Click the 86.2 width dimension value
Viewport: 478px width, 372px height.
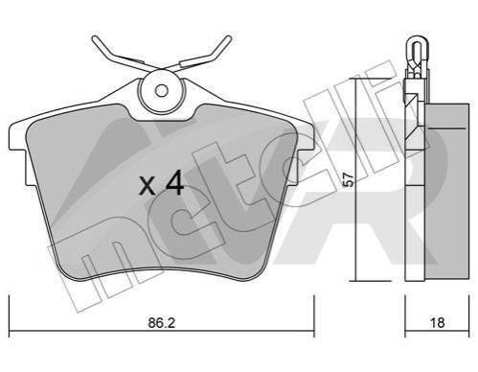click(x=162, y=323)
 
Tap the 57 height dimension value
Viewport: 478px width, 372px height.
click(x=350, y=179)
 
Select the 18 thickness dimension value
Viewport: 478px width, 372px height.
click(x=437, y=323)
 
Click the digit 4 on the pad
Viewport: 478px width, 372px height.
click(x=174, y=182)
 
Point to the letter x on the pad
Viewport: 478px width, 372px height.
click(x=148, y=186)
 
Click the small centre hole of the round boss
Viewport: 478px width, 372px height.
click(x=162, y=91)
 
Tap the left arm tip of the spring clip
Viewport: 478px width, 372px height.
click(x=95, y=40)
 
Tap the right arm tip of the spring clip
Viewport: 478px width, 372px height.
click(x=228, y=39)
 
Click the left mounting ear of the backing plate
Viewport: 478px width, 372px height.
click(x=18, y=137)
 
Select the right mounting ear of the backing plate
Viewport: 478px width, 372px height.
click(x=306, y=137)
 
